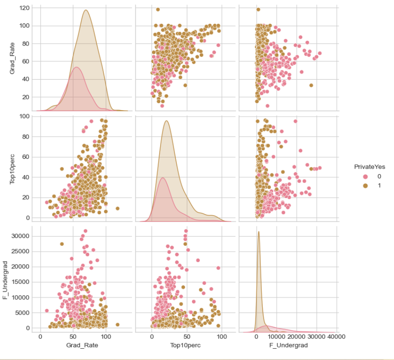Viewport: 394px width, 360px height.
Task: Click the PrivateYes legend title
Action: point(369,166)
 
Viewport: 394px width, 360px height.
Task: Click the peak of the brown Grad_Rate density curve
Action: point(85,10)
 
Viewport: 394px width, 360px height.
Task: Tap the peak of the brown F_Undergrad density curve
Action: point(259,232)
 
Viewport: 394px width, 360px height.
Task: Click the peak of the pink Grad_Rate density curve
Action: point(77,67)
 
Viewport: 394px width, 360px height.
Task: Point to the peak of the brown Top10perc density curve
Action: point(167,121)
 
